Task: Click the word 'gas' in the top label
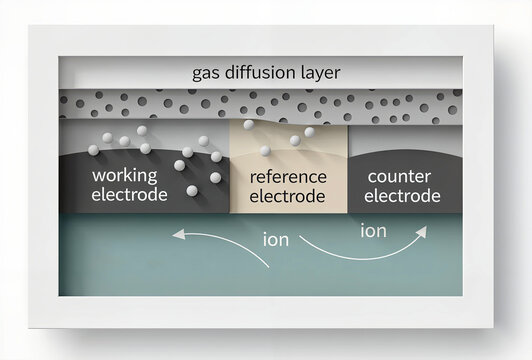click(206, 73)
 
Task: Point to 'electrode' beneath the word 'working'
click(129, 195)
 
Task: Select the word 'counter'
click(399, 176)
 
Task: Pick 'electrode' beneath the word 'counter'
click(402, 195)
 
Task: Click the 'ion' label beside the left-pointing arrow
click(276, 240)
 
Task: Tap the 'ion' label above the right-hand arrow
click(373, 231)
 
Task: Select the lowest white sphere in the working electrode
click(190, 191)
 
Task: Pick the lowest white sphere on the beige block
click(266, 151)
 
